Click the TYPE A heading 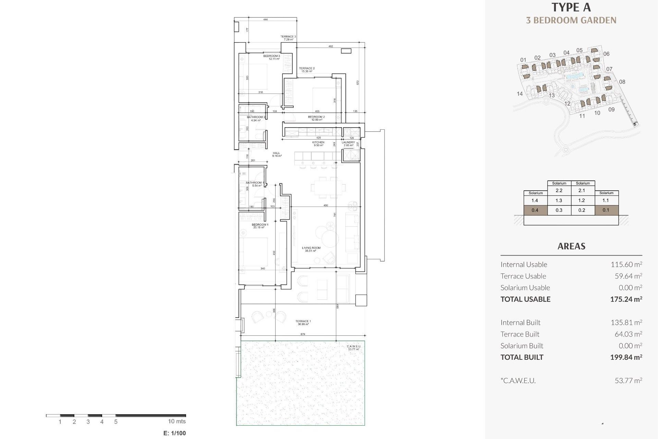[x=571, y=8]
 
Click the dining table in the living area [x=328, y=188]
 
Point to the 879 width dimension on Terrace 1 [x=303, y=334]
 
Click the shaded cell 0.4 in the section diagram [x=535, y=210]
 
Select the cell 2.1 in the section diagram [x=582, y=191]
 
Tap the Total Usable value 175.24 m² [x=626, y=299]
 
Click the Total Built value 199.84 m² [x=626, y=357]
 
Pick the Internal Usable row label [x=524, y=264]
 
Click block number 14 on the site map [x=520, y=94]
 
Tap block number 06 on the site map [x=606, y=54]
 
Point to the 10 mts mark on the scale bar [x=176, y=421]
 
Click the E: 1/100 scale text [x=174, y=433]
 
